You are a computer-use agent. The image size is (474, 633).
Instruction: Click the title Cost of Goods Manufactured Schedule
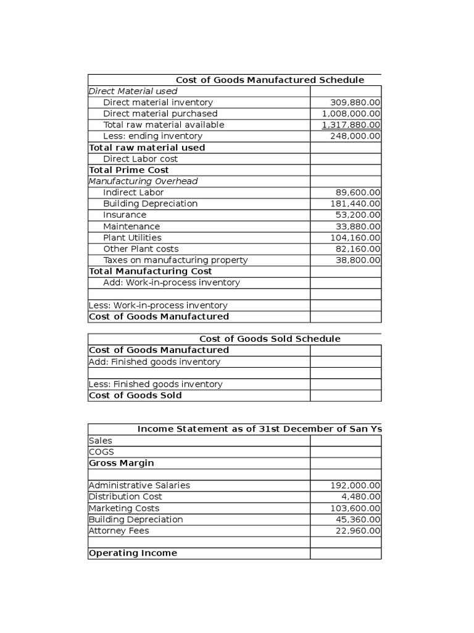[270, 80]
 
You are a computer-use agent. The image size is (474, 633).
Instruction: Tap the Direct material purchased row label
[160, 114]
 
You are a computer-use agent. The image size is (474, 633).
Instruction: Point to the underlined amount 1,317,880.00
[351, 125]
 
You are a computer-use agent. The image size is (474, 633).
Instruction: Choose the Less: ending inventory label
[152, 136]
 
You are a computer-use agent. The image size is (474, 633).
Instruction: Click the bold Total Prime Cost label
[129, 170]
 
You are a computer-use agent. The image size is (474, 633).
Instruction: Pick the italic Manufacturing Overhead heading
[143, 181]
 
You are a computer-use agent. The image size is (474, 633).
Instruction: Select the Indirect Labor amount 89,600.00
[358, 192]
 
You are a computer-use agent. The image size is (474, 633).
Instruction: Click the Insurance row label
[125, 215]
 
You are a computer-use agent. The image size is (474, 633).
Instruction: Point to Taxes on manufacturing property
[175, 260]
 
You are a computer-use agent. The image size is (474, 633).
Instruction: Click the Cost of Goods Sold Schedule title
[270, 339]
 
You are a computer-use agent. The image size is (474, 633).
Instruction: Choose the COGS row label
[101, 452]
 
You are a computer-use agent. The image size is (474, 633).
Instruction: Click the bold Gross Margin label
[122, 463]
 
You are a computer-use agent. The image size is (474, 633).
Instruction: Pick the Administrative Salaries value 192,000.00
[355, 486]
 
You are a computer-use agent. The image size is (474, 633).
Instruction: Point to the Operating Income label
[133, 553]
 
